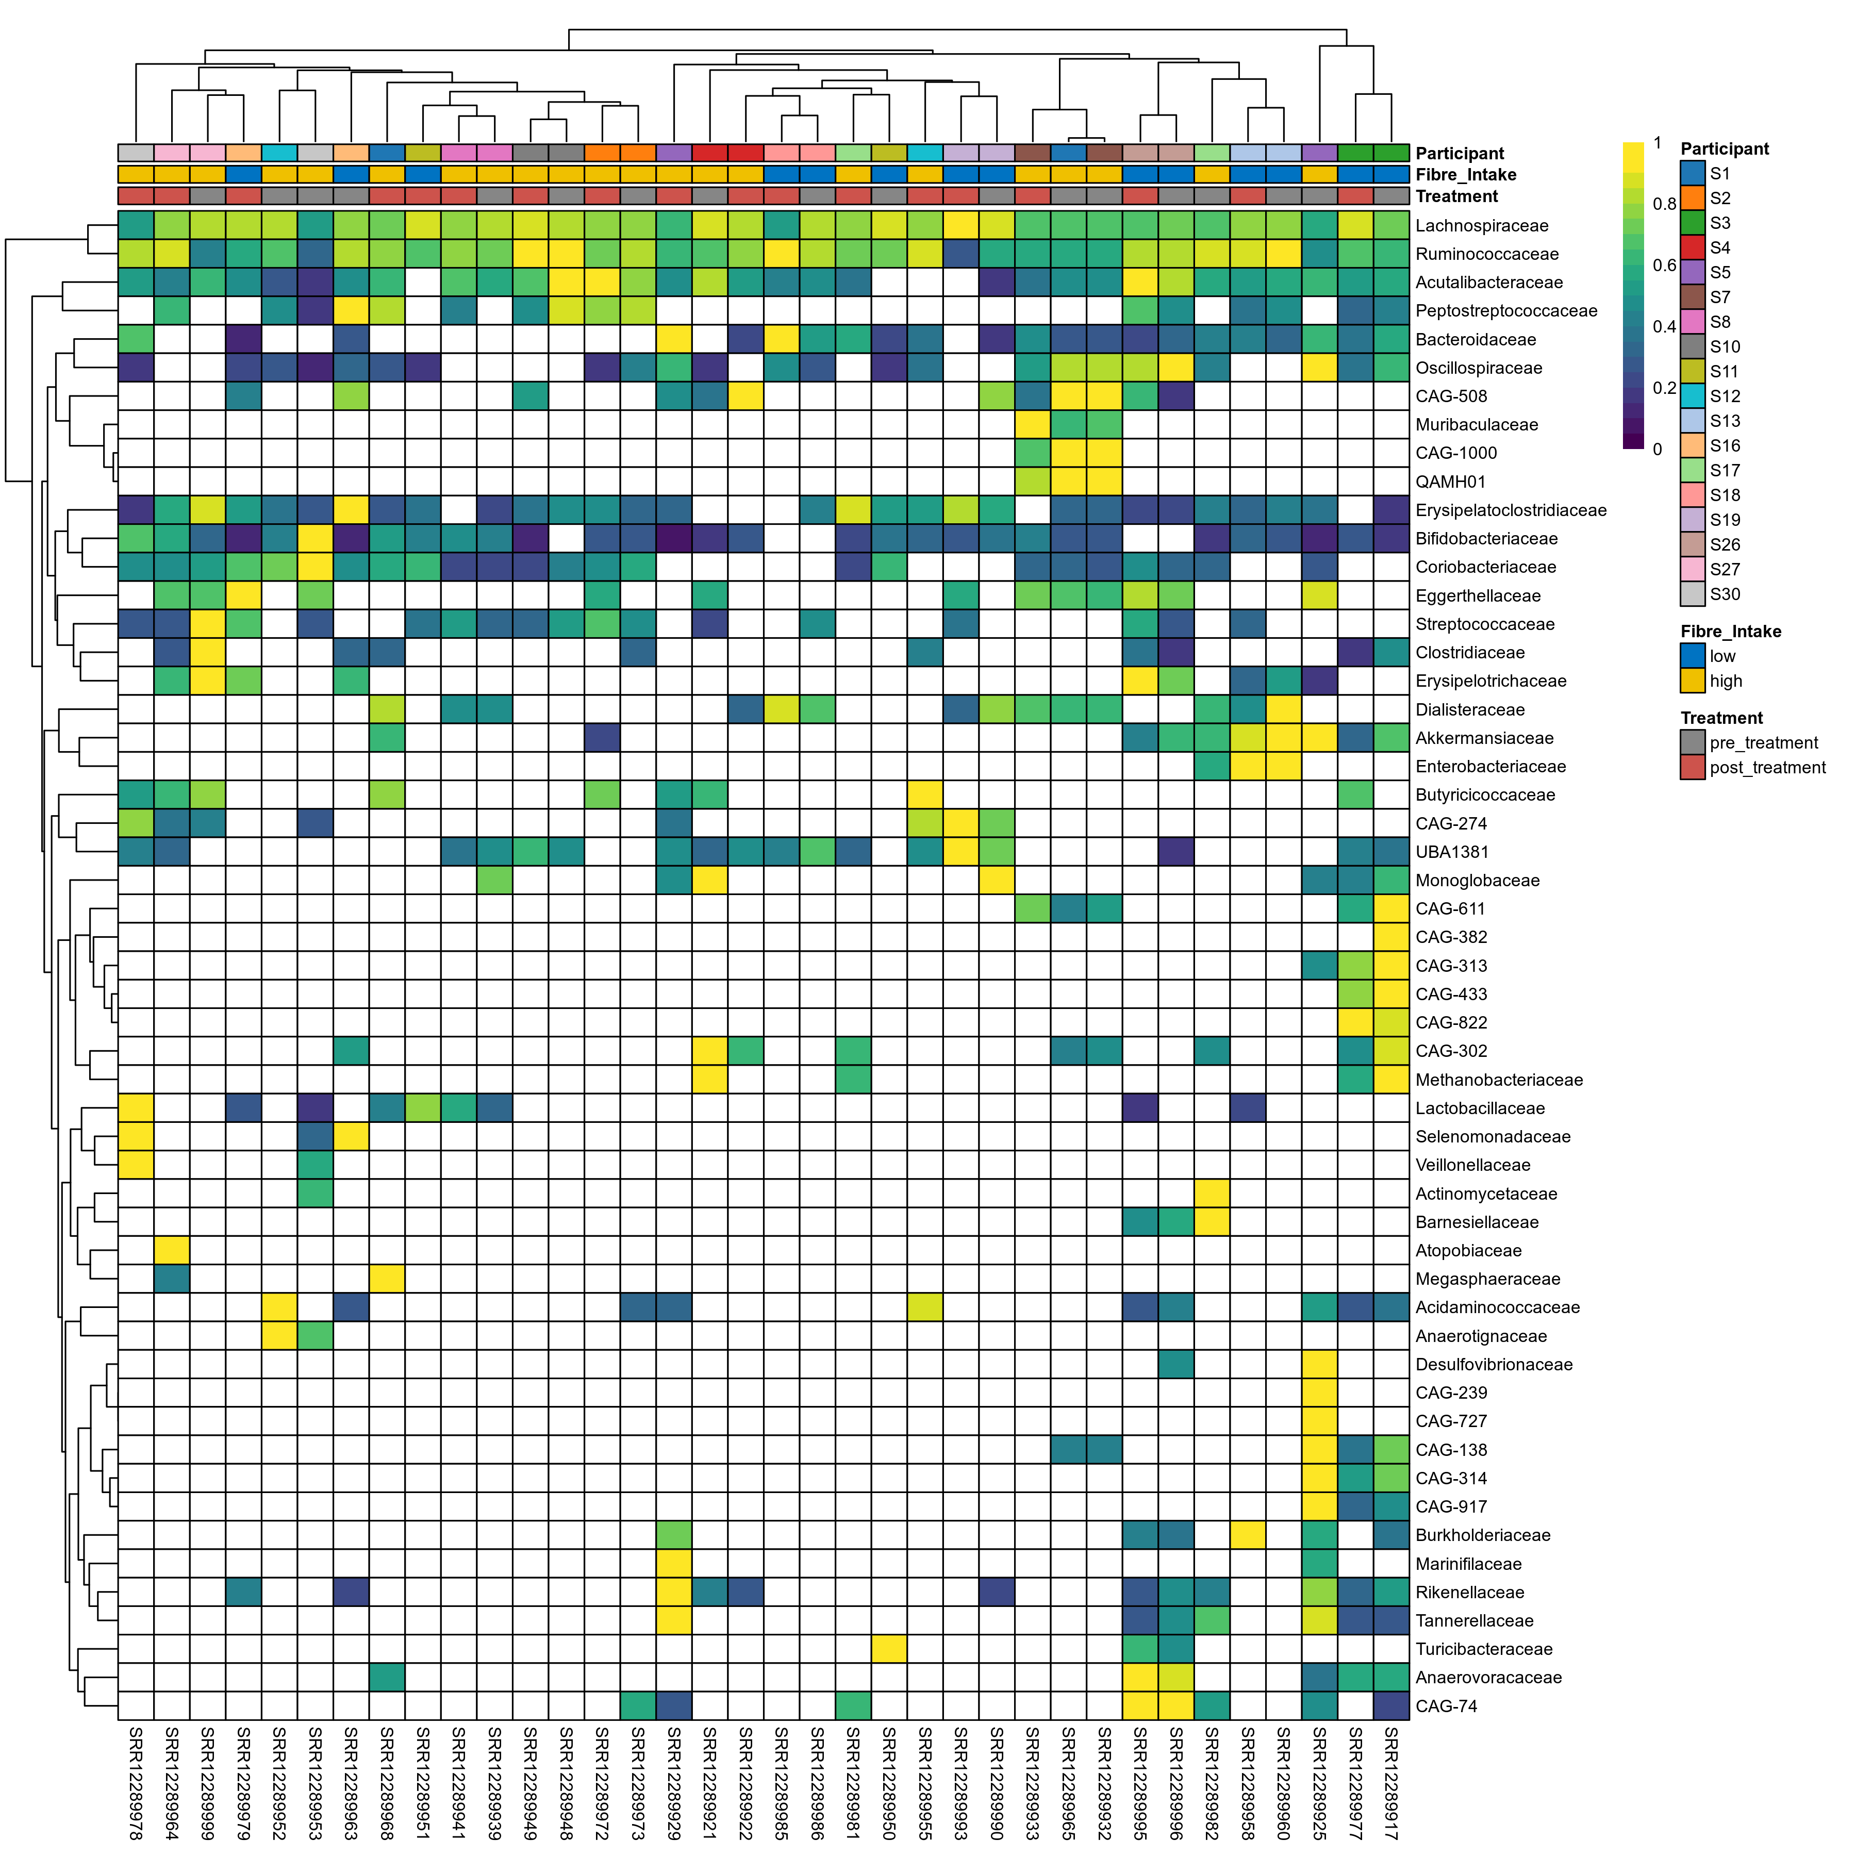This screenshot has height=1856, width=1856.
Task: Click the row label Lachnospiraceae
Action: click(1481, 226)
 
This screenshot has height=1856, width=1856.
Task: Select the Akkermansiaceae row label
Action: click(1484, 738)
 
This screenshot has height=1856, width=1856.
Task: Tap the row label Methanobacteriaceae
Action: click(1499, 1080)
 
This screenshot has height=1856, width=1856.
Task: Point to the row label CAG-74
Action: click(1446, 1706)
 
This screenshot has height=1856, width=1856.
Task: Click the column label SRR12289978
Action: click(136, 1782)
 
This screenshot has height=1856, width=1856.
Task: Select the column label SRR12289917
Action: click(1391, 1782)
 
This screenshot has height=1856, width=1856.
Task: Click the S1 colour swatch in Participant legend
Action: click(1693, 173)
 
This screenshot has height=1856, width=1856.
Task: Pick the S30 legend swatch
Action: click(1693, 594)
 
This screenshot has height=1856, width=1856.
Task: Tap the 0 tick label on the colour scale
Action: click(1657, 449)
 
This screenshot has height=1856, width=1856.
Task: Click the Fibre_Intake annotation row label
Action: click(1466, 175)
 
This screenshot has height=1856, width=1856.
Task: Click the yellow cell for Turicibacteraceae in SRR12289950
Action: click(889, 1649)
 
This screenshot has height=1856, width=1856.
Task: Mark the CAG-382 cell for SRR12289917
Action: click(1391, 937)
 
